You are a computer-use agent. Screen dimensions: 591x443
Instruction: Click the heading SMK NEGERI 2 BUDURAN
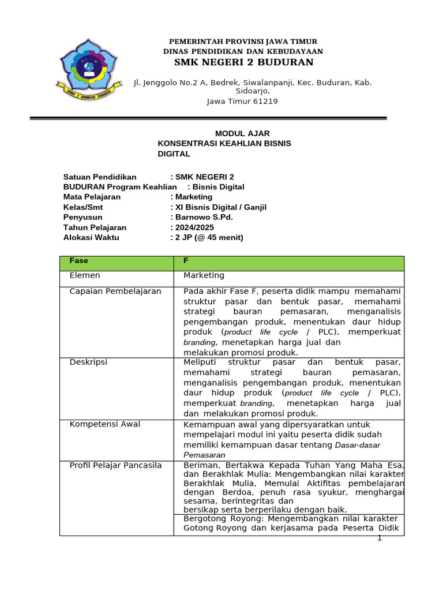[244, 62]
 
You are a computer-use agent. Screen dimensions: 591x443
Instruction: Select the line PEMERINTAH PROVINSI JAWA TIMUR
[243, 42]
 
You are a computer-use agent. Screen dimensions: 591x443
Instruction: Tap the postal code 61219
[264, 102]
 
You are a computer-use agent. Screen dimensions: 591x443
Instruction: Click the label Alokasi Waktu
[91, 237]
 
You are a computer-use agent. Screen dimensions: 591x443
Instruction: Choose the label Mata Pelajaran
[92, 197]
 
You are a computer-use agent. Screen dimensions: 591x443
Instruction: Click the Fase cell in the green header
[79, 261]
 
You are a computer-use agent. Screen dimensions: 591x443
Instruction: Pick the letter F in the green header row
[186, 261]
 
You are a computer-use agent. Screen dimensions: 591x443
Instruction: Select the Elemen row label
[85, 275]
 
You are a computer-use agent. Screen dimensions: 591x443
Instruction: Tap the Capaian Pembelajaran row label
[115, 291]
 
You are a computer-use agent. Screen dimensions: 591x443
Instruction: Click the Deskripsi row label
[88, 362]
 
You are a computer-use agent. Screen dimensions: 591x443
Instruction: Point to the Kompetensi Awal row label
[105, 424]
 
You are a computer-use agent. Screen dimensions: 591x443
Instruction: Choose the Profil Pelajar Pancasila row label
[116, 465]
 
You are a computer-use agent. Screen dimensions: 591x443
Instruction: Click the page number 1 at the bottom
[380, 538]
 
